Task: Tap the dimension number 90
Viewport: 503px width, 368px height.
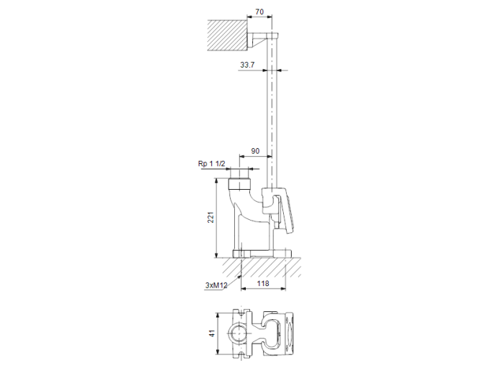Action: click(x=256, y=151)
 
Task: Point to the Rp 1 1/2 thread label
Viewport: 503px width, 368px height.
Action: click(x=212, y=165)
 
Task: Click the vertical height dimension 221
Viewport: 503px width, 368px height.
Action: click(x=211, y=218)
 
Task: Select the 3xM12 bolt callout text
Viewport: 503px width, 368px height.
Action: click(x=216, y=285)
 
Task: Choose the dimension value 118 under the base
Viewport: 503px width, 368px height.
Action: click(x=263, y=285)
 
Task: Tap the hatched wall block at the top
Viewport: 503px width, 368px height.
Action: click(x=226, y=34)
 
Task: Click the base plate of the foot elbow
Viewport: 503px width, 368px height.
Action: click(x=262, y=254)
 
